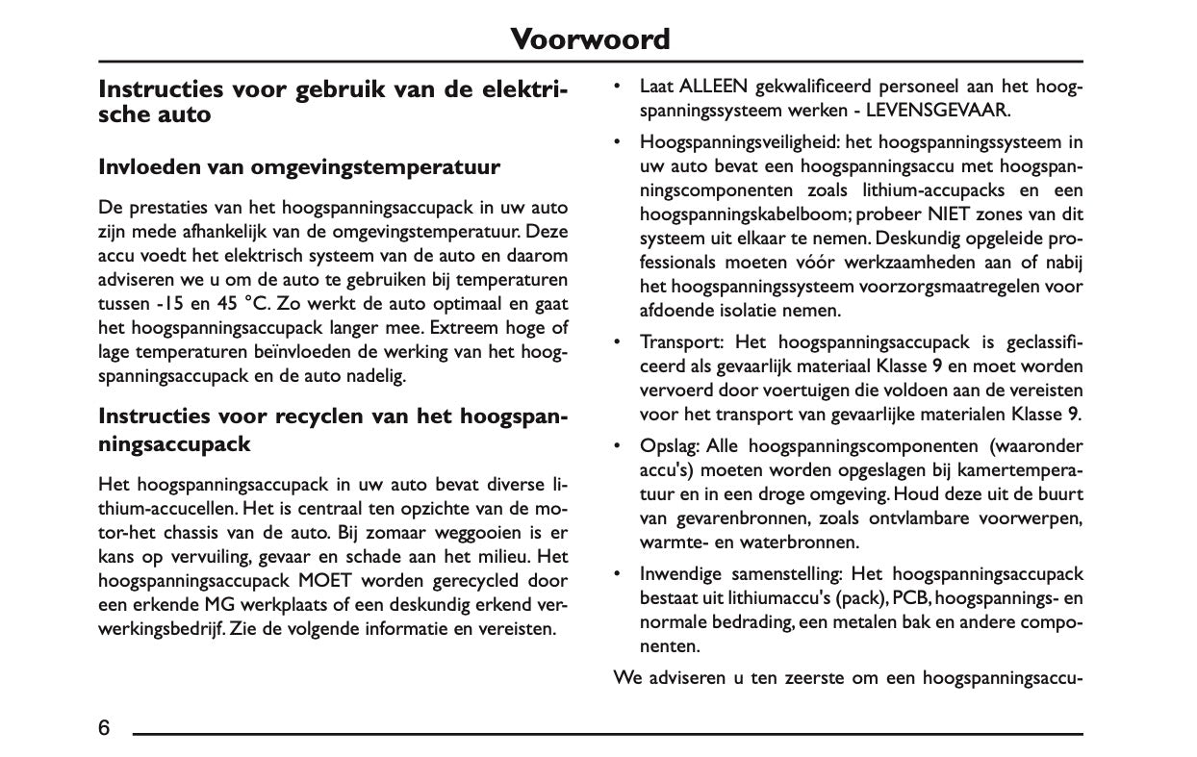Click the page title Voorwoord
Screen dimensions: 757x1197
589,39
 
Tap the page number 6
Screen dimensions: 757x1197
104,727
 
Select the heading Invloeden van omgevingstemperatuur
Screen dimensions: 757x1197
299,167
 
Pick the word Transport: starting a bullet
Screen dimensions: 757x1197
681,342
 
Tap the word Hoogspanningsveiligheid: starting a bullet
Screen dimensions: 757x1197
741,142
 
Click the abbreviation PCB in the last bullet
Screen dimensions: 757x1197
909,598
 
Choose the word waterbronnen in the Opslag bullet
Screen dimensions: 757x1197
782,543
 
